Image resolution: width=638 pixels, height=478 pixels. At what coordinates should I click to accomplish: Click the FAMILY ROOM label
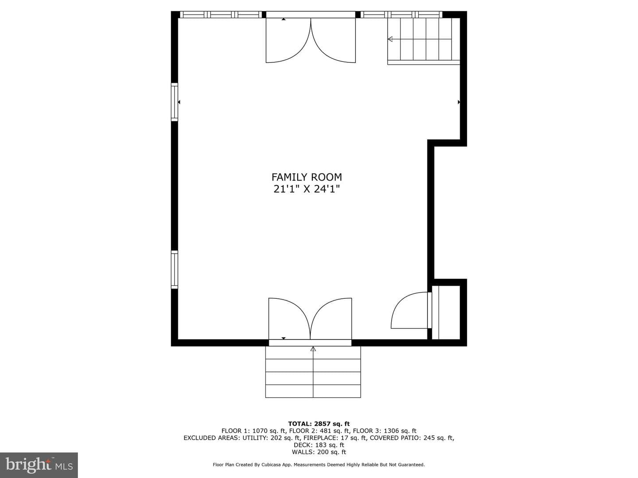tap(307, 177)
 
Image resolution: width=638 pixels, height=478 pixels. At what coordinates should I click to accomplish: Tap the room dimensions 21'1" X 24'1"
tap(307, 189)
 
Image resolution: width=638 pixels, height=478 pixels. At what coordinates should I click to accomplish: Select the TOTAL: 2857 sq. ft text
tap(319, 424)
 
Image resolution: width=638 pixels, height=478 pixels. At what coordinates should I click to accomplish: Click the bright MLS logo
tap(39, 465)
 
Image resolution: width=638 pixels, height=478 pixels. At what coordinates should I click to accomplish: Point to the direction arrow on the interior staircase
tap(390, 39)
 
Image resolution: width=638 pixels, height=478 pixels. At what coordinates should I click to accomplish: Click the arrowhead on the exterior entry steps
tap(313, 349)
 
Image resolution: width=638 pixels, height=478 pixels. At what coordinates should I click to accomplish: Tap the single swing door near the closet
tap(410, 310)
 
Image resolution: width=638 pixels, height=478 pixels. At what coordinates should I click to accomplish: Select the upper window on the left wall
tap(175, 102)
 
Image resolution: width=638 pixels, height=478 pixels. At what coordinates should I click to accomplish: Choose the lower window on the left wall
tap(175, 270)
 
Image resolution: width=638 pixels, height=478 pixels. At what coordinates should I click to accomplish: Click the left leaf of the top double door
tap(288, 40)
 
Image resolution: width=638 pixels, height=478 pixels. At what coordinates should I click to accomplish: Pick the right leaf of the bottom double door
tap(331, 318)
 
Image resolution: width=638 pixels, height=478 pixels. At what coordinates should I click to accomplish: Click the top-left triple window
tap(221, 15)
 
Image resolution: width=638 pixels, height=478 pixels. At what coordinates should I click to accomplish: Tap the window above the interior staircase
tap(401, 15)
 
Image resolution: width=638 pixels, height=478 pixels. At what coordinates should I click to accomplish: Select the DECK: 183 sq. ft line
tap(319, 445)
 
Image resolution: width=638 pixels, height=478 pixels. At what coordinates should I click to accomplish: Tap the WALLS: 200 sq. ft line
tap(319, 452)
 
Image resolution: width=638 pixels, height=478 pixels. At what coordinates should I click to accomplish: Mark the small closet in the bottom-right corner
tap(446, 312)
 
